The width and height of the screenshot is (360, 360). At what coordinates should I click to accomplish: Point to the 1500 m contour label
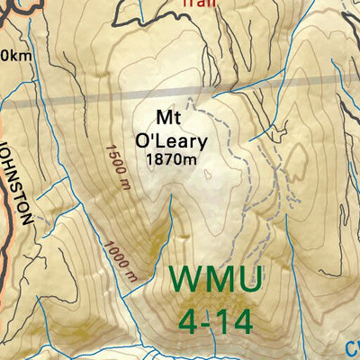coord(115,167)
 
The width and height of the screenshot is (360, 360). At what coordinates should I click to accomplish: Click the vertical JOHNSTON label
coord(24,181)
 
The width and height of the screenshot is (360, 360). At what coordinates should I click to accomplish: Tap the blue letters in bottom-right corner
coord(352,347)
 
